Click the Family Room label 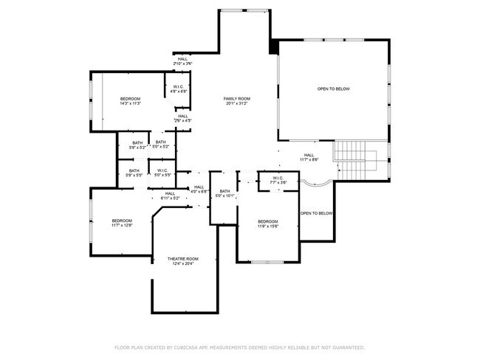[x=238, y=101]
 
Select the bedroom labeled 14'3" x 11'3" [x=130, y=101]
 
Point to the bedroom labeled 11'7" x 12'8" [x=122, y=224]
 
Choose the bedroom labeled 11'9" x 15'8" [x=267, y=224]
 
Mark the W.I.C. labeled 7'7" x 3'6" [x=278, y=180]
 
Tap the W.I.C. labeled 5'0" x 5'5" [x=163, y=173]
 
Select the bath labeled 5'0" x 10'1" [x=224, y=194]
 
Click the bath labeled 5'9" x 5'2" [x=137, y=145]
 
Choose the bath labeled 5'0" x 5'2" [x=161, y=145]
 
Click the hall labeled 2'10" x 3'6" [x=182, y=62]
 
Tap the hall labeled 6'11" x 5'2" [x=170, y=196]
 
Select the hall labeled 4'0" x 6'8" [x=199, y=190]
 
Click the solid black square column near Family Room [x=274, y=46]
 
